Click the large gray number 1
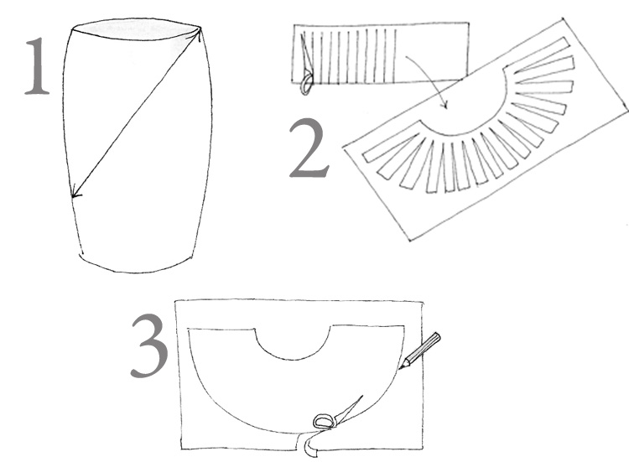pos(38,66)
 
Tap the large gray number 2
pos(309,148)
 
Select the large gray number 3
pos(149,345)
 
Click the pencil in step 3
pos(419,350)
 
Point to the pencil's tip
pos(399,369)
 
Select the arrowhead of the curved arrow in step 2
pos(444,105)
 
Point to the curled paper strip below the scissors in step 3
pos(310,446)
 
